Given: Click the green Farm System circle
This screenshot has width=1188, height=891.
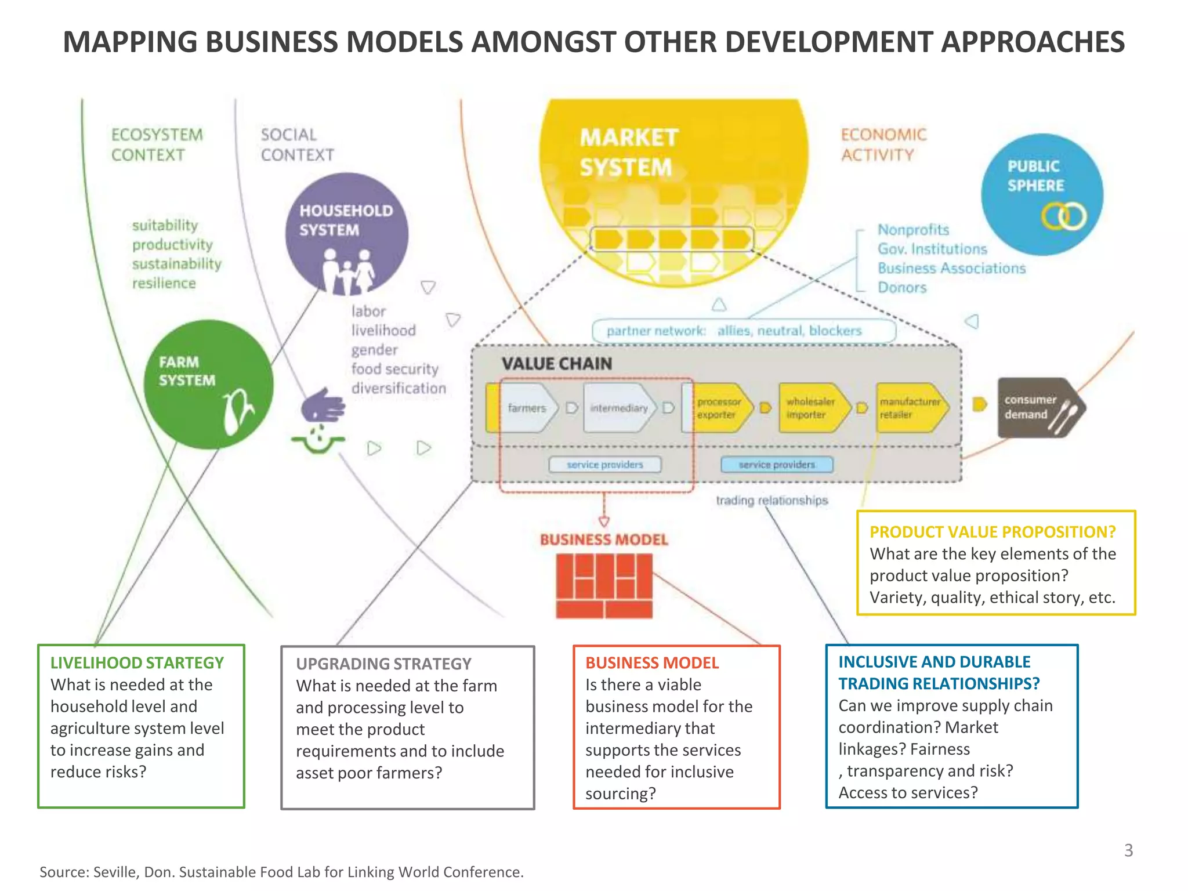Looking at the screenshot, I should click(x=208, y=384).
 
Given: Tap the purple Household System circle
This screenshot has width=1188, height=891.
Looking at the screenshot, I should click(x=346, y=234).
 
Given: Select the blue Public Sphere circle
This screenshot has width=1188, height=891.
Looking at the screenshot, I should click(x=1042, y=194).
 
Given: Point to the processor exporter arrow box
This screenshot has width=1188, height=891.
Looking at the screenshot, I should click(x=719, y=408).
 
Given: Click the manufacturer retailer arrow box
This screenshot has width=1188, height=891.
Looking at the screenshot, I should click(x=910, y=408).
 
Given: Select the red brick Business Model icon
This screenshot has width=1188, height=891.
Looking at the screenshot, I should click(x=604, y=586).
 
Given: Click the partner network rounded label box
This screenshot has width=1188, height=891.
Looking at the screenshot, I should click(x=743, y=331).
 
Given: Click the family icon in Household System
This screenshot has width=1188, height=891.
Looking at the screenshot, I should click(x=347, y=271).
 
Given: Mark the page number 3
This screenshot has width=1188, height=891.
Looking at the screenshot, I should click(x=1128, y=850).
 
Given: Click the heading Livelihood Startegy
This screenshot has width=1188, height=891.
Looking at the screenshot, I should click(x=137, y=662).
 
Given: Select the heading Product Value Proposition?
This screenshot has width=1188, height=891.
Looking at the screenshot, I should click(x=993, y=532).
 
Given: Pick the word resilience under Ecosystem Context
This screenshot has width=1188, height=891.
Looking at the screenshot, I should click(x=164, y=283).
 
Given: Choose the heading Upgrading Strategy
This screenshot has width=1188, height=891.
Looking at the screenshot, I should click(x=383, y=664).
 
